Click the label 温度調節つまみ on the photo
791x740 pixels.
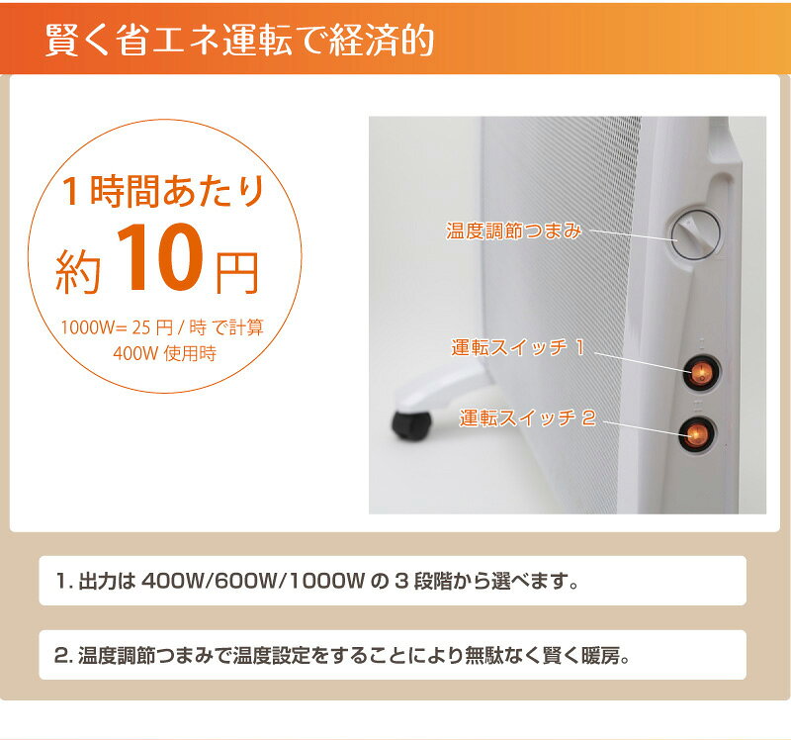click(513, 231)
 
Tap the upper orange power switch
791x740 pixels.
click(700, 373)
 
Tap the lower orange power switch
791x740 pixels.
click(699, 433)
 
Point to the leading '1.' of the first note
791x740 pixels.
click(67, 581)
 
